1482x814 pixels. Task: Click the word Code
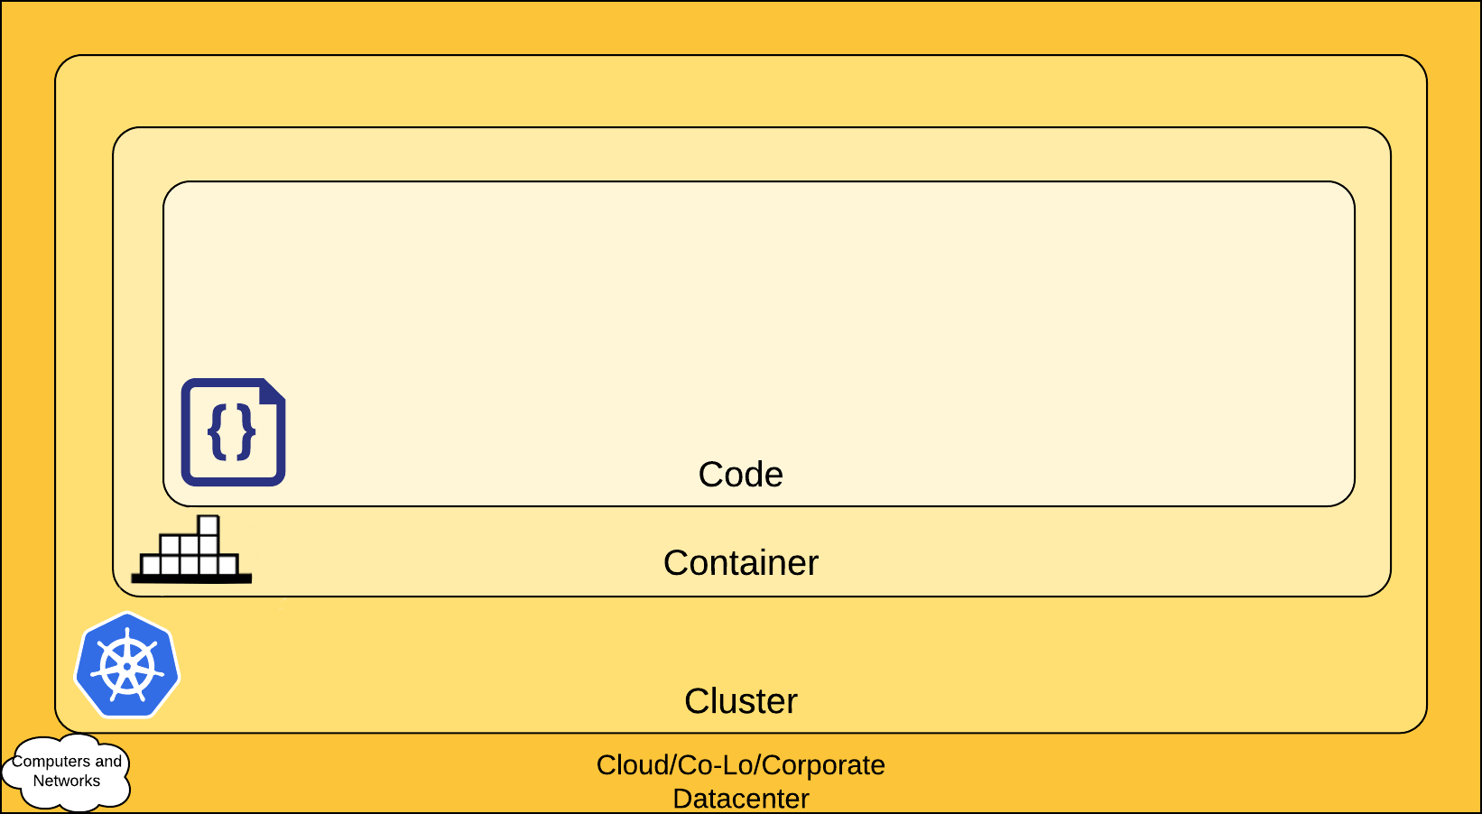(x=740, y=475)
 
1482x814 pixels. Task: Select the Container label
(x=740, y=563)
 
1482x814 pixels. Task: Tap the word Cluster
(x=740, y=701)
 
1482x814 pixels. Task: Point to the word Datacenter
(x=740, y=799)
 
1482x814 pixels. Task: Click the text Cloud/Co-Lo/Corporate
(x=740, y=765)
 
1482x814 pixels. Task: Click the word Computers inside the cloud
(x=51, y=762)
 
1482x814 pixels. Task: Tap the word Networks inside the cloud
(x=67, y=782)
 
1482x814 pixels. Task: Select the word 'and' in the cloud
(x=108, y=762)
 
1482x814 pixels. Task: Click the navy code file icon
(x=233, y=432)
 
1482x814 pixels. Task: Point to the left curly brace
(x=217, y=432)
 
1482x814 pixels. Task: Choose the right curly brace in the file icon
(x=246, y=432)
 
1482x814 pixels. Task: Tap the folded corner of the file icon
(x=273, y=391)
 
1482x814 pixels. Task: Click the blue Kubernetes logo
(x=127, y=666)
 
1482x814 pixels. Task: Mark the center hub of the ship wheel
(x=127, y=668)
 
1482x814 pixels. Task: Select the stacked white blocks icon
(x=191, y=550)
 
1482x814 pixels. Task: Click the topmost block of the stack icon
(x=208, y=524)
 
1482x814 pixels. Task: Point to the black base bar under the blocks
(x=191, y=578)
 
